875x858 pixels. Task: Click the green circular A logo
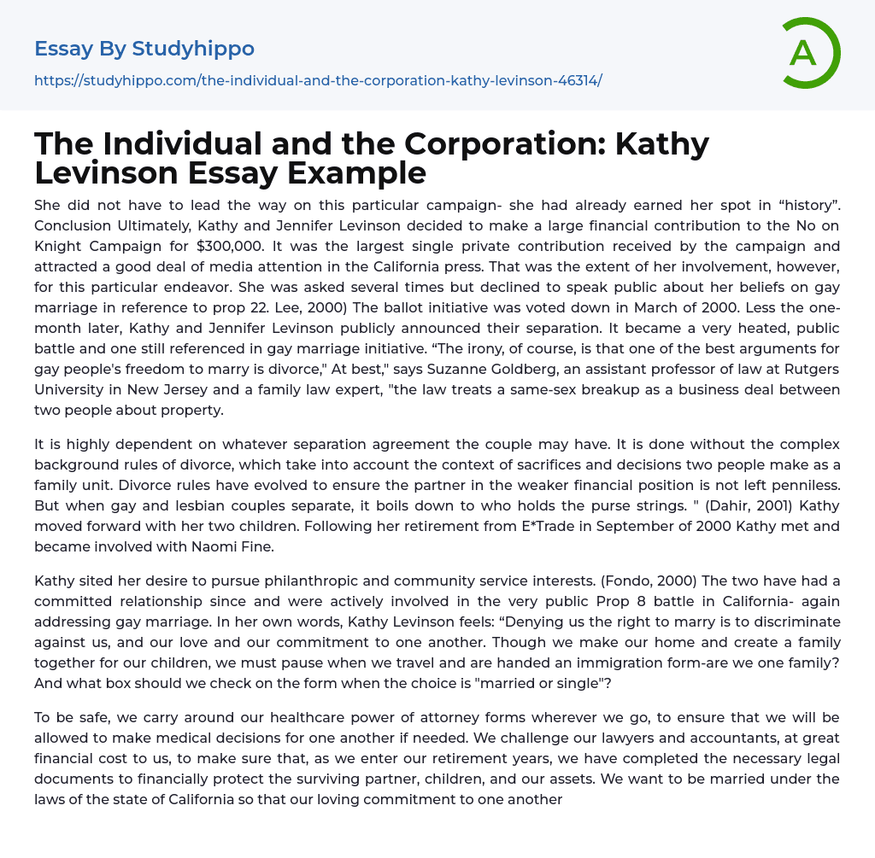810,53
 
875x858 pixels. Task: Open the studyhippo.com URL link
318,80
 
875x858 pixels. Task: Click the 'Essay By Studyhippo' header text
144,49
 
